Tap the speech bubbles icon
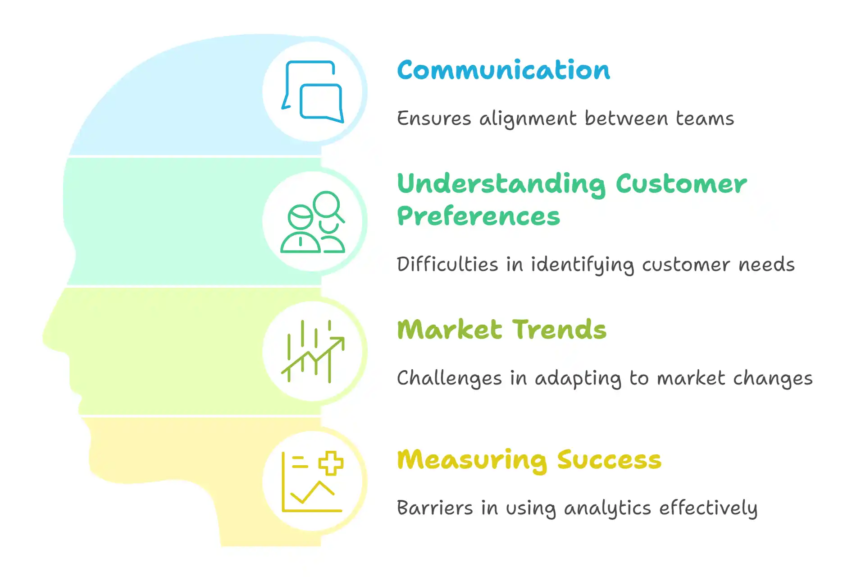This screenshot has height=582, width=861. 313,92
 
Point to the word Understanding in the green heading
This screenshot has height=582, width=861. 501,185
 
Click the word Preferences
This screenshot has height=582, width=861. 478,216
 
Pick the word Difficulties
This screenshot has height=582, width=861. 447,264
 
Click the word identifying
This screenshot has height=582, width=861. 582,265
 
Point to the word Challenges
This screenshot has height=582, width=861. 449,378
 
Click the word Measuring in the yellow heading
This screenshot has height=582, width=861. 472,461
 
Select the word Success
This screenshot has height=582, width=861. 609,460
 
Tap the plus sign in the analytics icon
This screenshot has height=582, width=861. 331,463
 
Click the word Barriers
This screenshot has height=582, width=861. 435,508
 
